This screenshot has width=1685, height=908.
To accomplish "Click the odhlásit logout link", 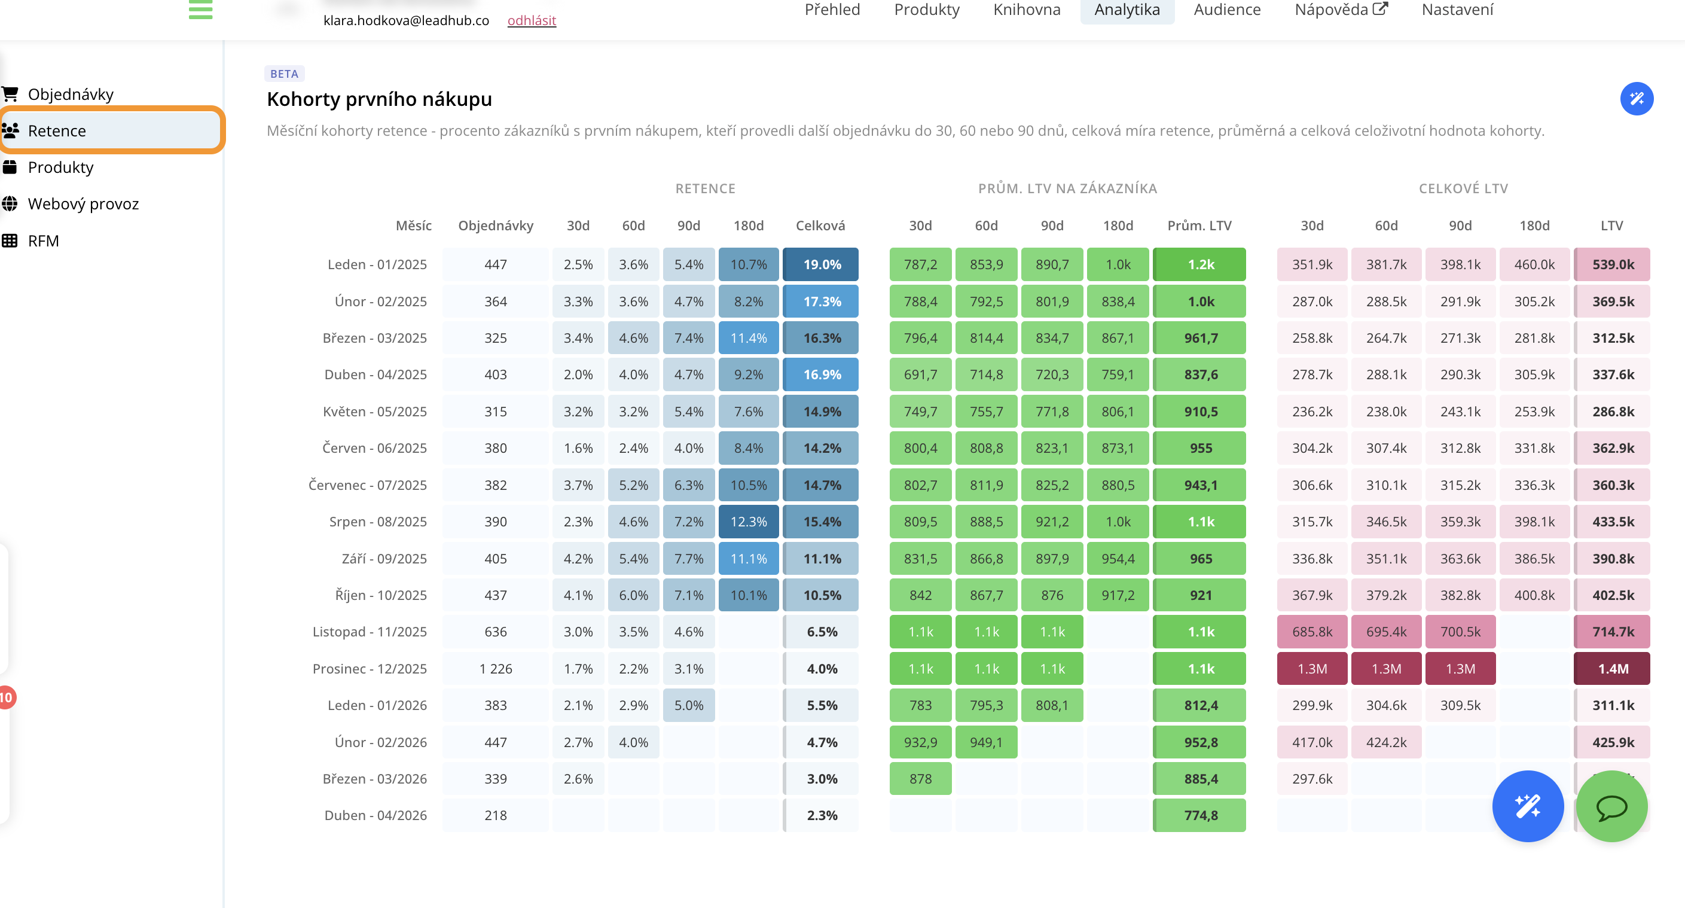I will (531, 20).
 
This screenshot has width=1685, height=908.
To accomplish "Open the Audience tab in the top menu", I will (1226, 10).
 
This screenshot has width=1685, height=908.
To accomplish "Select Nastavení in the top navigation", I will (1457, 10).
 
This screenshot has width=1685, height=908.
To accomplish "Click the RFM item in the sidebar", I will (43, 240).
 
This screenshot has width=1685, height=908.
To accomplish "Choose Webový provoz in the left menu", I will (83, 204).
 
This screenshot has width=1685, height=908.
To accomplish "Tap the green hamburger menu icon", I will (200, 10).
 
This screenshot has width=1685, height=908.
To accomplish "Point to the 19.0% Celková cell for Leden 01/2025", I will (821, 264).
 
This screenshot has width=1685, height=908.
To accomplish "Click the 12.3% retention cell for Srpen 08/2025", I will (748, 522).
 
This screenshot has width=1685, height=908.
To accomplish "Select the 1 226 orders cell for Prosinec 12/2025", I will (495, 669).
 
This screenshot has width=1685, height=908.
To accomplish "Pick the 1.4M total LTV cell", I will (1613, 669).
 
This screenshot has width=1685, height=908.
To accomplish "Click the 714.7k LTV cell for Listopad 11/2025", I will (1613, 632).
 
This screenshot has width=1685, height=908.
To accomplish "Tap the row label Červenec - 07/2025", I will (367, 485).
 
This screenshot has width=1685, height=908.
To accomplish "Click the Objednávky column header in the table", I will (495, 226).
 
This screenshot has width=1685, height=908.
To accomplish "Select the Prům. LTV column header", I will (1199, 226).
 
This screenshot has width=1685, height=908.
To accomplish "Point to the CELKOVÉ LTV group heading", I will (1463, 188).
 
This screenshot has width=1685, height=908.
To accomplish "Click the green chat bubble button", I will (1611, 806).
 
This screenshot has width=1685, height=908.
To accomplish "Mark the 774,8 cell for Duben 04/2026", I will (1200, 815).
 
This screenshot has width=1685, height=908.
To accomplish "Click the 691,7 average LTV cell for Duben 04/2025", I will (920, 375).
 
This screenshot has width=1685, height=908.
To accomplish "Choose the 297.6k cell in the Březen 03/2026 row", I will (1311, 778).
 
